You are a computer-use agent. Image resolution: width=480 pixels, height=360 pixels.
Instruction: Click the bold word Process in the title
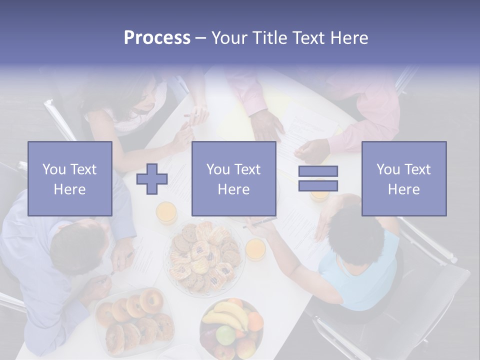coord(157,38)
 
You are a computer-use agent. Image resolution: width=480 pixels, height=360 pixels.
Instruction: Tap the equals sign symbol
coord(318,178)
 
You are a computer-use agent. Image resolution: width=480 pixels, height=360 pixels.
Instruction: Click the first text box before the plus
coord(70,178)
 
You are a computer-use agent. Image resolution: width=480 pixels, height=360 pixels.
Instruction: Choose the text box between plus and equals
coord(233,178)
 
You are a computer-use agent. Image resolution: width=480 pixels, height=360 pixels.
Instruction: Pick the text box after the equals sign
coord(403,178)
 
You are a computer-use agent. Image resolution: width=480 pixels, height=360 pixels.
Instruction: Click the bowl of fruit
coord(231,327)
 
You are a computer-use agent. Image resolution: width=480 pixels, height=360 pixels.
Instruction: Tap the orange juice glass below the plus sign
coord(166,212)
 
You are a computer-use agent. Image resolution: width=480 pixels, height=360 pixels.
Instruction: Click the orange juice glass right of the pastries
coord(255,248)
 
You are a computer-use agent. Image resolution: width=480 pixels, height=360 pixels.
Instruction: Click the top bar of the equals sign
coord(318,171)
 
